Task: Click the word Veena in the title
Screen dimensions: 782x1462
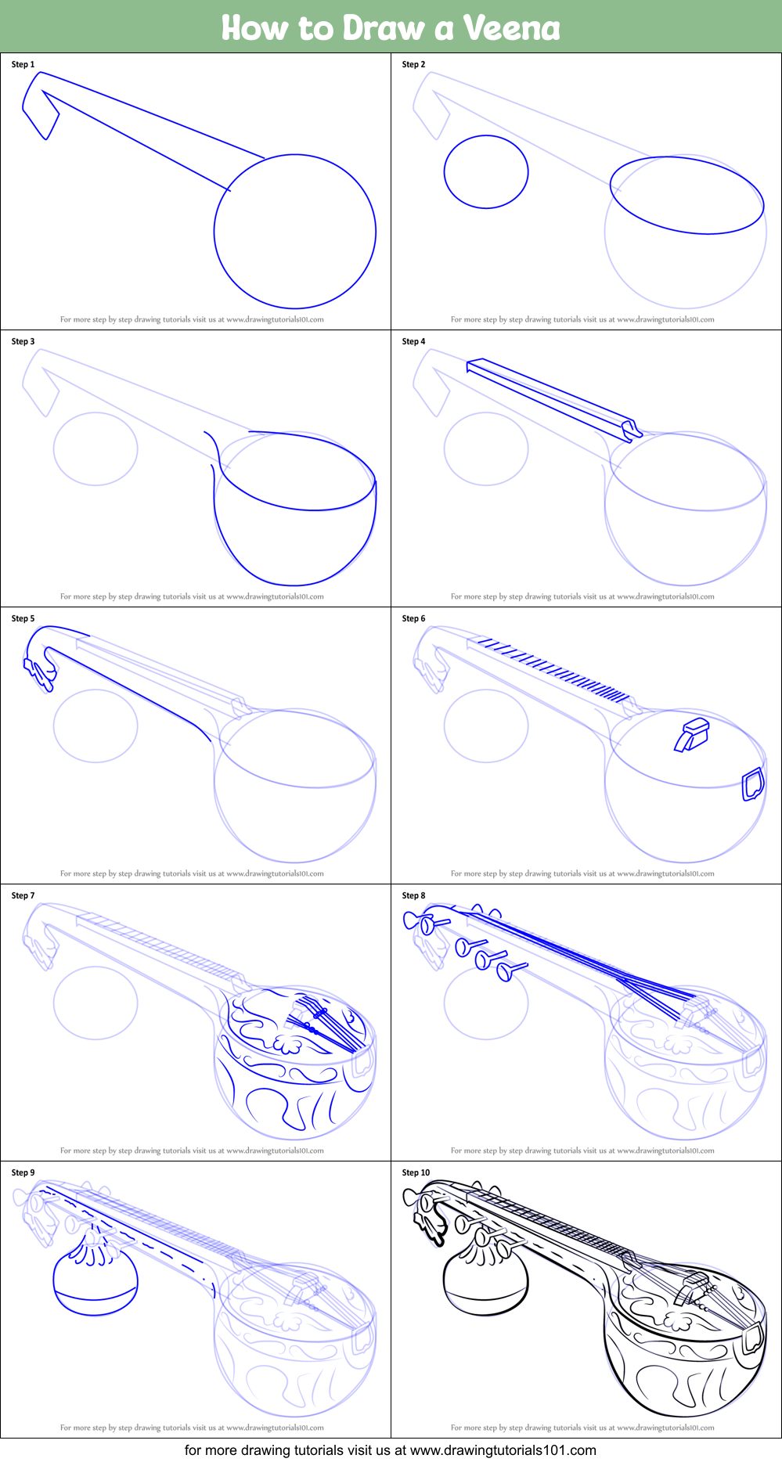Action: [512, 28]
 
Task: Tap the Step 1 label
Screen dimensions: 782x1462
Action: [23, 64]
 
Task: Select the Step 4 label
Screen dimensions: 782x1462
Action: [413, 341]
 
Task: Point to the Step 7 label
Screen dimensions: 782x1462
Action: [23, 895]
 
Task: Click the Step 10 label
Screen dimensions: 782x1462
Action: [416, 1172]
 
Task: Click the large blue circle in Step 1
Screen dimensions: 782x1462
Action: [295, 155]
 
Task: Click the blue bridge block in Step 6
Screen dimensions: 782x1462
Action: [692, 733]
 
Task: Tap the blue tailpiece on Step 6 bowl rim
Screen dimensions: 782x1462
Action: [753, 784]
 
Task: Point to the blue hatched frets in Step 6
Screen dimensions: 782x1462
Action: [554, 669]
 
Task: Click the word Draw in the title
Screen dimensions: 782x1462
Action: [384, 28]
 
